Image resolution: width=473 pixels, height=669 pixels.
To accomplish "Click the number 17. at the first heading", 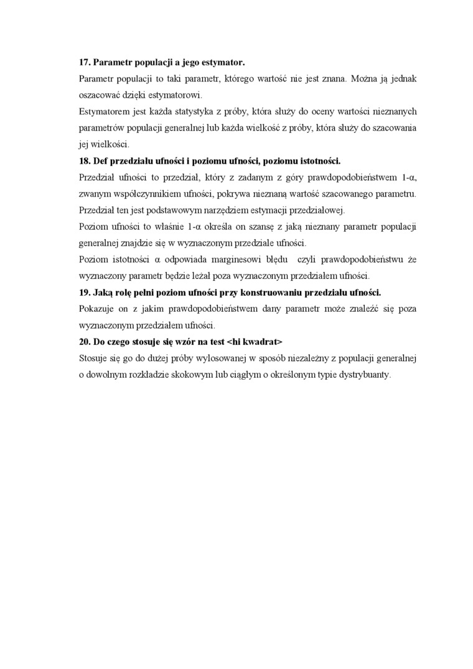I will click(85, 63).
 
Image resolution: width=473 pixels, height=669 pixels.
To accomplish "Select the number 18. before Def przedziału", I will click(85, 160).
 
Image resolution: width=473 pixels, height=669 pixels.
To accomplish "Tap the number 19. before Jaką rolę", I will click(85, 292).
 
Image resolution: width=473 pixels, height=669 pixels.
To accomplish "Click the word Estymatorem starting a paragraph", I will click(104, 111).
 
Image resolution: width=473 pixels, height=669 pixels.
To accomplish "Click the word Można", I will click(366, 79).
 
